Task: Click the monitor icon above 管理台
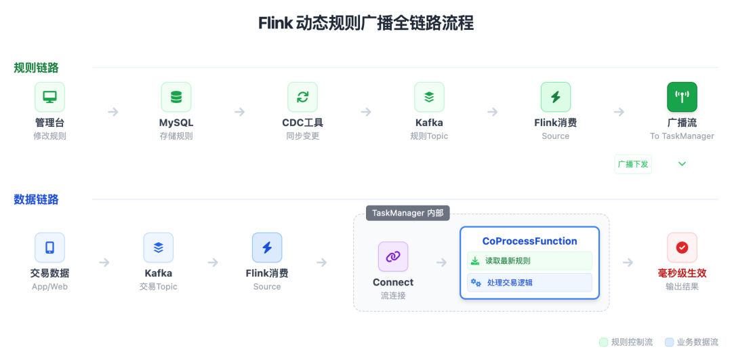[49, 97]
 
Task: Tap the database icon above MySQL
[176, 97]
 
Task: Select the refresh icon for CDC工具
[302, 97]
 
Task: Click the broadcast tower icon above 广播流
[682, 97]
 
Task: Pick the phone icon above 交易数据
[49, 247]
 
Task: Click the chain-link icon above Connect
[393, 256]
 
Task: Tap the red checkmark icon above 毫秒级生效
[682, 247]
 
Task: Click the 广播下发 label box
[632, 164]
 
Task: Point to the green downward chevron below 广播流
[682, 164]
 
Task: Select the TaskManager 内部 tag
[407, 213]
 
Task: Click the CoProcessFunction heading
[529, 241]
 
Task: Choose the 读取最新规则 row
[529, 261]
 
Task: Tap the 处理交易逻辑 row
[529, 282]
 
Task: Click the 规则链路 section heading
[36, 68]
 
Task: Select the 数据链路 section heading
[36, 199]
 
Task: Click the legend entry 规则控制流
[626, 342]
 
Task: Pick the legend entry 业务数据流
[691, 342]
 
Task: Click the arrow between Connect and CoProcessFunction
[441, 262]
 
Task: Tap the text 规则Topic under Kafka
[429, 136]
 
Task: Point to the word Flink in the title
[275, 23]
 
